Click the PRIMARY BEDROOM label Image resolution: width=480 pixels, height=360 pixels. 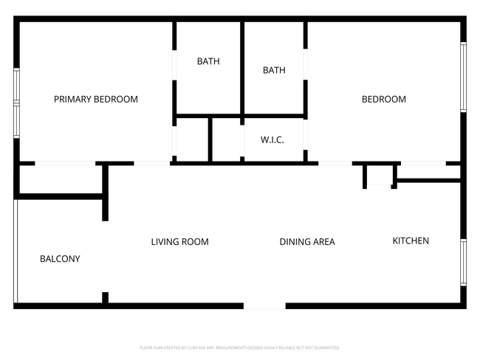[95, 100]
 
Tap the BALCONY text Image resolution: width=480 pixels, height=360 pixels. [60, 259]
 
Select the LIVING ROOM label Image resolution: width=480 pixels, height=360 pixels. [179, 242]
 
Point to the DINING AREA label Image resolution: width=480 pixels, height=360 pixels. [307, 242]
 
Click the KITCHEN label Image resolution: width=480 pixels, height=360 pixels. [411, 241]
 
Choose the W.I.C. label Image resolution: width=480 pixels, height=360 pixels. [272, 140]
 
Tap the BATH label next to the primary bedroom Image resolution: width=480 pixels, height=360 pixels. [208, 62]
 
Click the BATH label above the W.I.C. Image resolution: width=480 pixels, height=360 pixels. [274, 71]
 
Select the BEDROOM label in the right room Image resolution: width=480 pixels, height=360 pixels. [383, 100]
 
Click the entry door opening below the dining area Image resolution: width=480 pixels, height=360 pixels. [264, 305]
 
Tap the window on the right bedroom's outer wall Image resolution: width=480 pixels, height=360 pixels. [463, 77]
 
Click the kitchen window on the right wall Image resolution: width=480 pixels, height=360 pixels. [463, 262]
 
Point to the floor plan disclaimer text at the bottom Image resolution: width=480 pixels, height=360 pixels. [239, 347]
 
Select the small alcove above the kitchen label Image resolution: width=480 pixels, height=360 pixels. [380, 176]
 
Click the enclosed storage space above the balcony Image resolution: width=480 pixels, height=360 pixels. [59, 179]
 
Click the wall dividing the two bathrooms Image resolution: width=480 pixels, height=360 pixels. [242, 68]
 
